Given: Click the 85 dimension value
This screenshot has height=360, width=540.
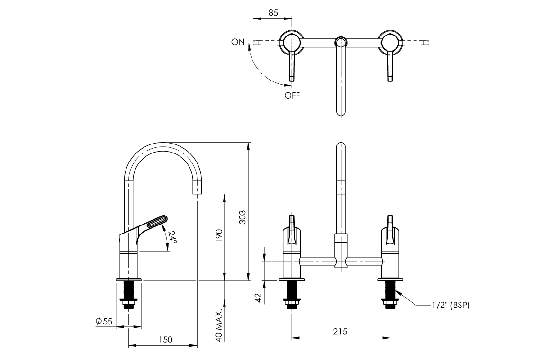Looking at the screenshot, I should [x=273, y=13].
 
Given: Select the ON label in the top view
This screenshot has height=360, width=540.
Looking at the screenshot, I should [x=238, y=42].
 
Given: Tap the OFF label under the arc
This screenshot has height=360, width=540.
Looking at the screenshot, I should [x=292, y=95].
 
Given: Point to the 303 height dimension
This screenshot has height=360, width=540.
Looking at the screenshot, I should [x=242, y=217].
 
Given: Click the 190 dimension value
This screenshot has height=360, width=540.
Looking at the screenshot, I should [x=219, y=235].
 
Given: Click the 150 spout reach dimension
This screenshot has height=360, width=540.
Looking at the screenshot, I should [x=165, y=340].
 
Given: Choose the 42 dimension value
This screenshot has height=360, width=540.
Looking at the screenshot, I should [x=258, y=297].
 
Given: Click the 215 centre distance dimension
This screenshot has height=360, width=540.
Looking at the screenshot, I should [x=340, y=332].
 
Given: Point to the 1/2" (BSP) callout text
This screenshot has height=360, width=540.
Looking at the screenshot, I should [x=450, y=306].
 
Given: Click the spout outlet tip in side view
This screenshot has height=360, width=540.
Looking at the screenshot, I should [x=197, y=189].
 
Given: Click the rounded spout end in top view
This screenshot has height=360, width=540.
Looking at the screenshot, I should [x=340, y=112].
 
